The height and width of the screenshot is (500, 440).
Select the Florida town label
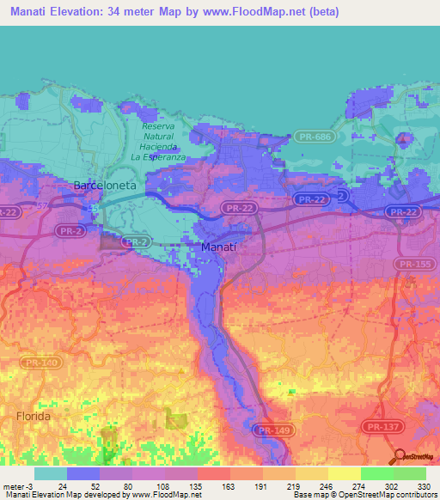click(x=33, y=416)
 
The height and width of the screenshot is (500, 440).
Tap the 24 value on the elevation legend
click(x=63, y=485)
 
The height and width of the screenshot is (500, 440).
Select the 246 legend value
click(x=314, y=485)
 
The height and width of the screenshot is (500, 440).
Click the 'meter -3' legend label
click(x=17, y=485)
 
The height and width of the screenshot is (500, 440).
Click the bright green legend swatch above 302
click(x=377, y=473)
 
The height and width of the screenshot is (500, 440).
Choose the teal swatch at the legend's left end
click(x=51, y=473)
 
